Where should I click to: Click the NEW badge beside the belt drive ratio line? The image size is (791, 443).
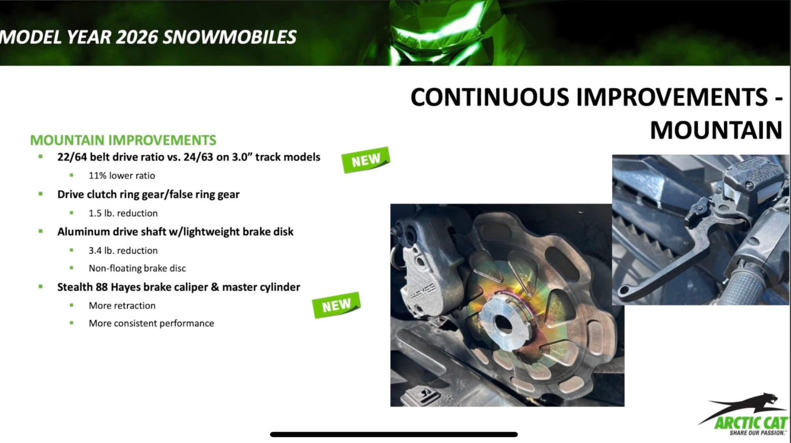[x=366, y=160]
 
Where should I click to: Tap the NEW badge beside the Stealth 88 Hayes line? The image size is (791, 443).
[x=337, y=305]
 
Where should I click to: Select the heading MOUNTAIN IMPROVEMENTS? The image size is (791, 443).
[x=123, y=140]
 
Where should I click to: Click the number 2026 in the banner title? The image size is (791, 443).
[x=137, y=37]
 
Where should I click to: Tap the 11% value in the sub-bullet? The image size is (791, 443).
[x=98, y=175]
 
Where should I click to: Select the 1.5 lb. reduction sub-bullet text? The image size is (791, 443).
[x=123, y=213]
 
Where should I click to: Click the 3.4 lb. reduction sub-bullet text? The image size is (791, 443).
[x=123, y=251]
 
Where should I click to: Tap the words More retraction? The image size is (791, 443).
[x=122, y=305]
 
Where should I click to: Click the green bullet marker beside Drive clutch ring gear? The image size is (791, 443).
[x=40, y=194]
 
